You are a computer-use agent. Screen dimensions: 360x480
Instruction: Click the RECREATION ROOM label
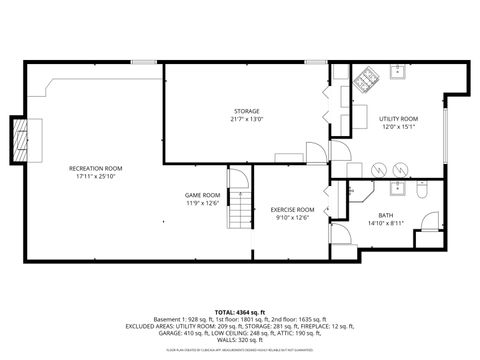click(x=95, y=167)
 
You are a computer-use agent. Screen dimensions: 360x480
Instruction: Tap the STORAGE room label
click(x=247, y=111)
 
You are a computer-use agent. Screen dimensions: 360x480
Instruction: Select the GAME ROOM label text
click(x=203, y=195)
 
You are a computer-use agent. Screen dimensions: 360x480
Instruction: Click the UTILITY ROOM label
click(x=397, y=118)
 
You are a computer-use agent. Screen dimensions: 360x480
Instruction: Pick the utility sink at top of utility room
click(x=397, y=72)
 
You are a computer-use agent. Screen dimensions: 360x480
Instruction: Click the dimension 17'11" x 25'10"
click(x=95, y=176)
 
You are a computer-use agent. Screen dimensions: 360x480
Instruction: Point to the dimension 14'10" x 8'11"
click(x=385, y=223)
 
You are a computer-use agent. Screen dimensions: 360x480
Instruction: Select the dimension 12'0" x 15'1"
click(x=397, y=127)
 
